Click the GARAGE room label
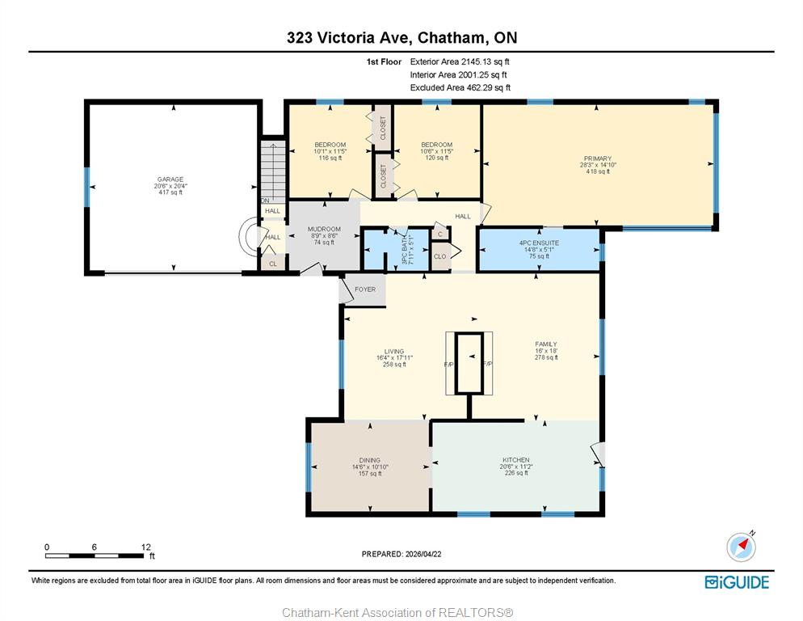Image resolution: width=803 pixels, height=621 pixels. point(170,180)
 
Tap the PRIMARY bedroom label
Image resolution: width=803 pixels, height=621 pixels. point(598,158)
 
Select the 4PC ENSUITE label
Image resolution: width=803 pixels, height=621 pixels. point(539,243)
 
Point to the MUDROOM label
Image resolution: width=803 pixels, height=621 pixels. point(324,229)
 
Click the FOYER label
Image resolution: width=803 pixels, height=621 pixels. point(365,289)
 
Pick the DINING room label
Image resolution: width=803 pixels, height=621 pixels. point(370,460)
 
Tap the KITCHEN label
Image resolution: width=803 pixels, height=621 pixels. point(515,460)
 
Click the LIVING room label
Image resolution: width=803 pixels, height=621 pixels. point(394,351)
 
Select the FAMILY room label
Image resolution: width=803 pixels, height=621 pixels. point(546,344)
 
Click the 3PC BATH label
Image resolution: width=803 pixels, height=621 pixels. point(404,250)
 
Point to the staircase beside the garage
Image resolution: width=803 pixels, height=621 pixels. point(273,171)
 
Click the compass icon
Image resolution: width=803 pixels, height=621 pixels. point(741,547)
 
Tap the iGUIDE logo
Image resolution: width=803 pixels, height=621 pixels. point(737,582)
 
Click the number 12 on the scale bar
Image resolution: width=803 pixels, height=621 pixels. point(145,547)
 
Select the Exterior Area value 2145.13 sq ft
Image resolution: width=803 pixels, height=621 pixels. point(486,61)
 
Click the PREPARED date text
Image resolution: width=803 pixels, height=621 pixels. point(401,554)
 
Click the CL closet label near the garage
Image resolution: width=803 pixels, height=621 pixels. point(273,264)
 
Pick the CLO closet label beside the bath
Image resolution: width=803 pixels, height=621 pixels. point(440,256)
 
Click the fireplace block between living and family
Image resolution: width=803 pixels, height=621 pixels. point(469,363)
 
